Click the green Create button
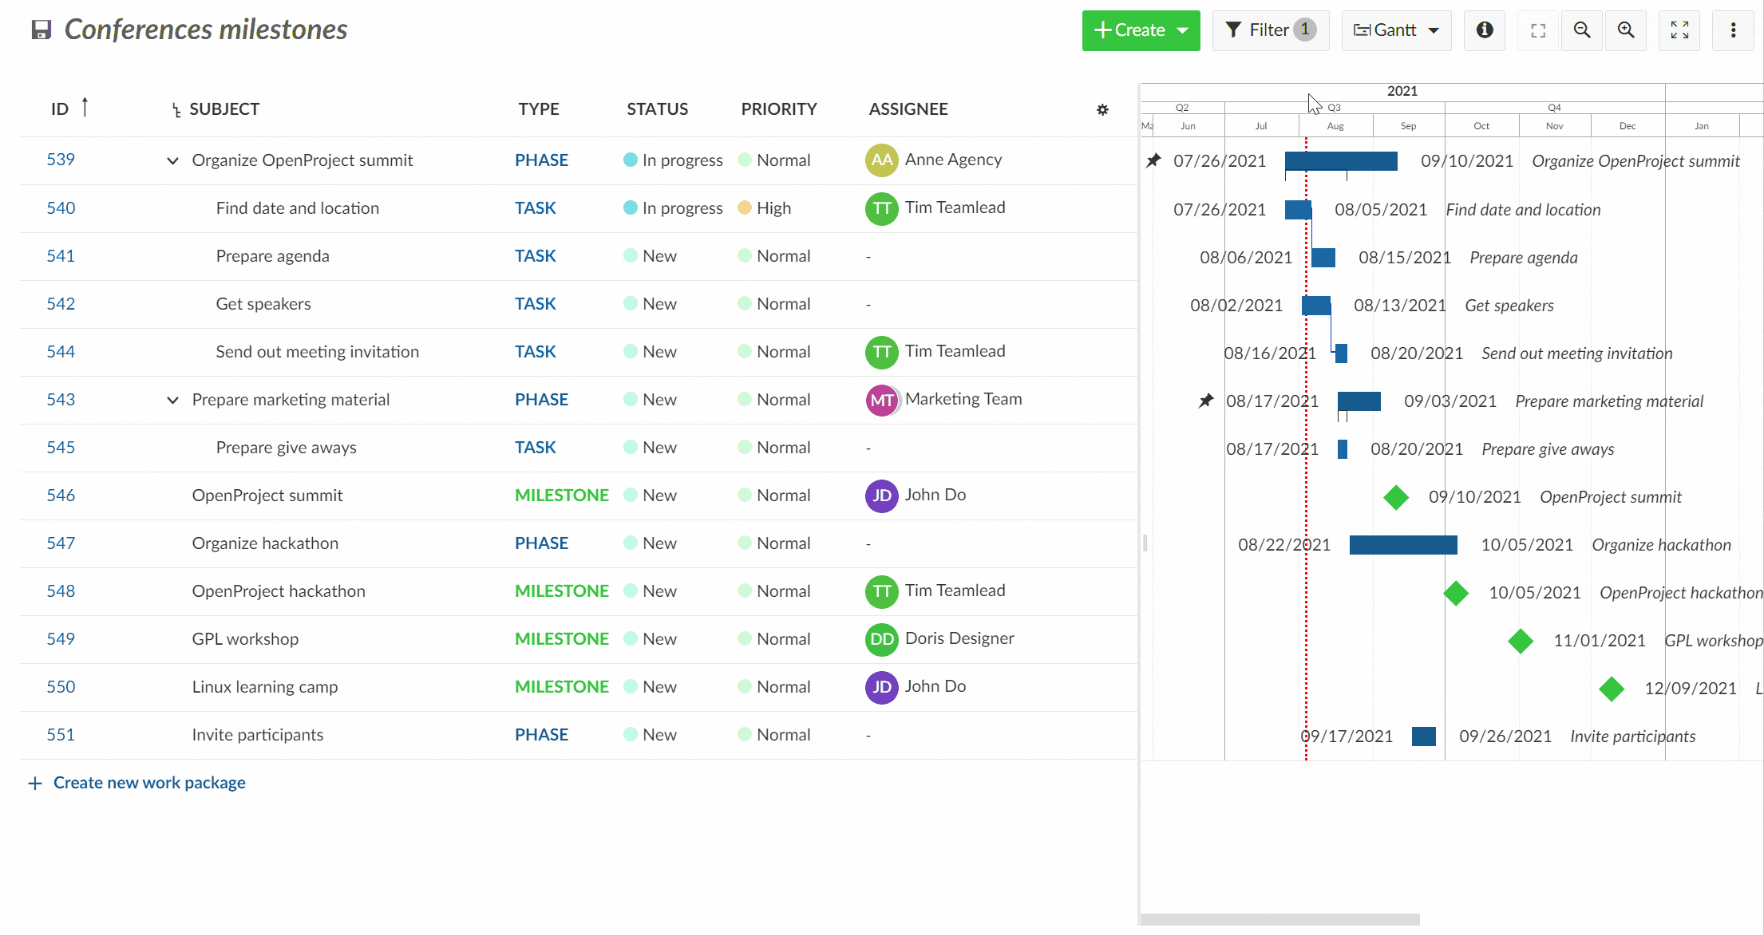pyautogui.click(x=1140, y=30)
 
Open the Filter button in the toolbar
pyautogui.click(x=1270, y=30)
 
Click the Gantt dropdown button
pyautogui.click(x=1396, y=30)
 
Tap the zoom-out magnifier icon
pyautogui.click(x=1581, y=30)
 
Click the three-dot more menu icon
pyautogui.click(x=1733, y=30)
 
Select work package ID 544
pyautogui.click(x=61, y=352)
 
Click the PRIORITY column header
pyautogui.click(x=778, y=109)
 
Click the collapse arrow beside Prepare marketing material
pyautogui.click(x=172, y=400)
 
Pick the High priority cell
pyautogui.click(x=773, y=208)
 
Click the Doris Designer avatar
pyautogui.click(x=881, y=639)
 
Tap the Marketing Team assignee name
pyautogui.click(x=963, y=399)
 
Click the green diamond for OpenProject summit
pyautogui.click(x=1396, y=497)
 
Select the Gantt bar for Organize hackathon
pyautogui.click(x=1402, y=545)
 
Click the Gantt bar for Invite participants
pyautogui.click(x=1423, y=737)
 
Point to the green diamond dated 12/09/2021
pyautogui.click(x=1612, y=689)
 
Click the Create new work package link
pyautogui.click(x=148, y=783)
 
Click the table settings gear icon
pyautogui.click(x=1102, y=110)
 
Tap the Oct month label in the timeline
pyautogui.click(x=1481, y=126)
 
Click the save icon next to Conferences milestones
pyautogui.click(x=42, y=30)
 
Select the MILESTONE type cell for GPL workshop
pyautogui.click(x=561, y=639)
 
